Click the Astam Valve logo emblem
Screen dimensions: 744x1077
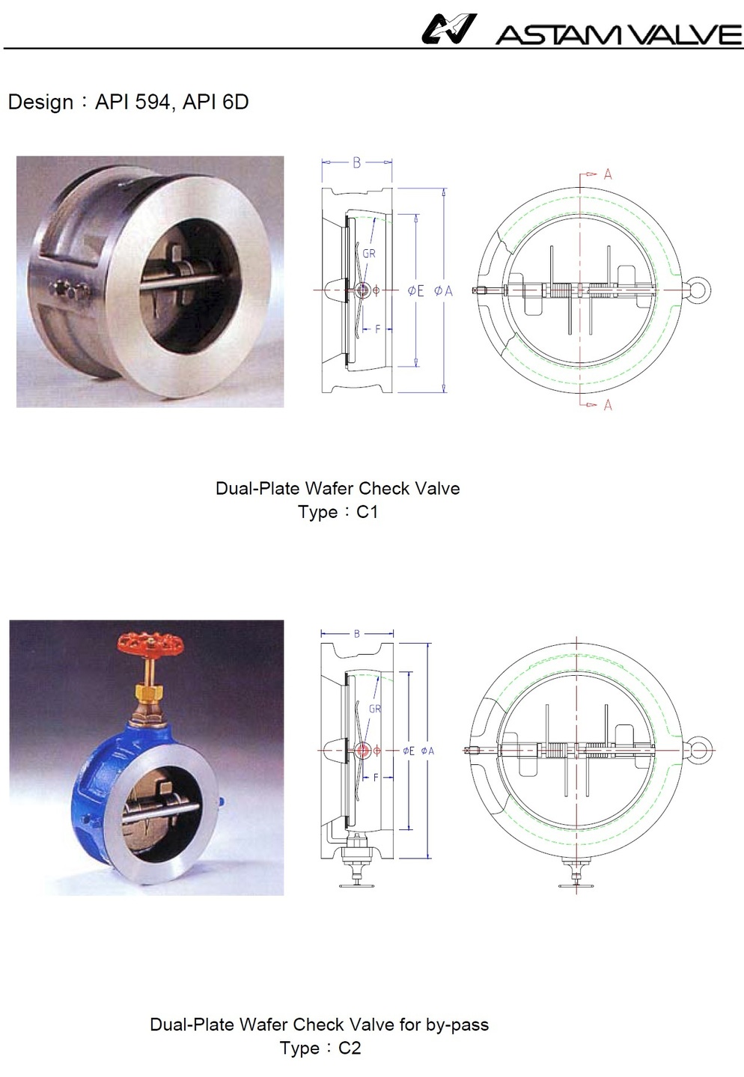448,29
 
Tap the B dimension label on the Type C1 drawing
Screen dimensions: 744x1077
356,162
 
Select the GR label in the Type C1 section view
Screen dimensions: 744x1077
369,254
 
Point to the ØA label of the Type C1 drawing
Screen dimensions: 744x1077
443,290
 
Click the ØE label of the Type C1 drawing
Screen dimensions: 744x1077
415,290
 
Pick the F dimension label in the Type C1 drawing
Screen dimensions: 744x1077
377,329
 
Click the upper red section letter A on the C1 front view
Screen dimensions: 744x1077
608,174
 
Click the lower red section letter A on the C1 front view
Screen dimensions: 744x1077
608,405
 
